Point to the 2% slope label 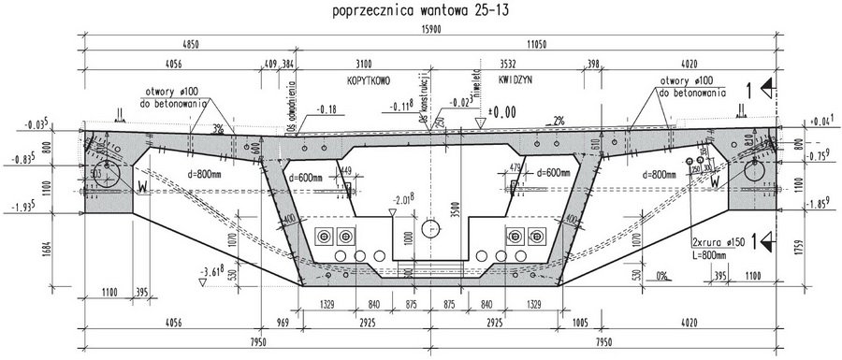pyautogui.click(x=559, y=121)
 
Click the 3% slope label pyautogui.click(x=218, y=128)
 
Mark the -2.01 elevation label pyautogui.click(x=404, y=199)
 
